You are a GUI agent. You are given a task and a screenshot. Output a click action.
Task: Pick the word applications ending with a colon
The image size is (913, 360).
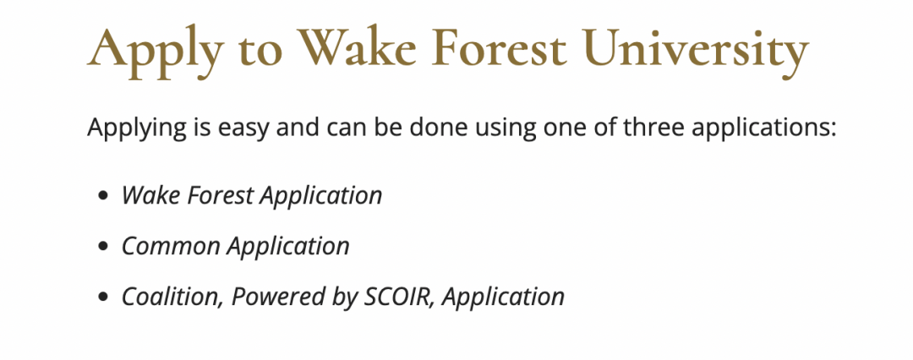click(764, 128)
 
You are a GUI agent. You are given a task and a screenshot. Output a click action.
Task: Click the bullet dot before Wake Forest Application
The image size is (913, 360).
click(104, 196)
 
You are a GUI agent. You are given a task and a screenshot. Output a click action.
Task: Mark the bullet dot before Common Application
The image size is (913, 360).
click(104, 247)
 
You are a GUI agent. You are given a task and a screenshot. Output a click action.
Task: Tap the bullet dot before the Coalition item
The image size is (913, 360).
click(104, 297)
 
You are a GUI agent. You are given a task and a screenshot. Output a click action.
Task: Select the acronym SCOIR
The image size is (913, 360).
click(400, 297)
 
